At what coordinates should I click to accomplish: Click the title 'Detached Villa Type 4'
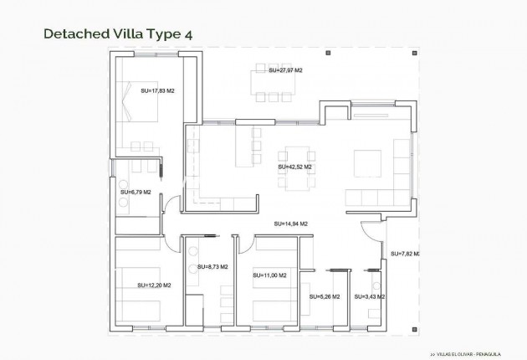coord(117,33)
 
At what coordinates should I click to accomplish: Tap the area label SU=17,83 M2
coord(157,90)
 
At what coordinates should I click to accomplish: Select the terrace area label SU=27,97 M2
coord(285,71)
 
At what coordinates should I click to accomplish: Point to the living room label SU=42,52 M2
coord(294,167)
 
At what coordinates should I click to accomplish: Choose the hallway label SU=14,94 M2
coord(291,224)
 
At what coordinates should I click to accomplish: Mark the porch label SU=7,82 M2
coord(405,253)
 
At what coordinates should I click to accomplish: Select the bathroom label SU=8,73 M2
coord(215,267)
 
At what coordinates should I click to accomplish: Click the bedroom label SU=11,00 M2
coord(269,275)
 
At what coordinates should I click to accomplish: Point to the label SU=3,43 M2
coord(369,296)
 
